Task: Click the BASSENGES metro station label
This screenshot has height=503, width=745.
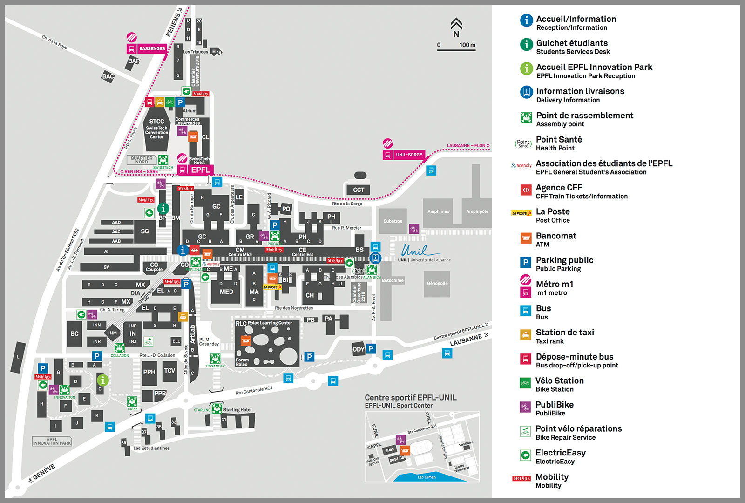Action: coord(152,48)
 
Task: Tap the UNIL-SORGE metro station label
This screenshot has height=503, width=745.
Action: coord(409,155)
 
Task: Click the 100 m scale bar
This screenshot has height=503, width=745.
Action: coord(456,49)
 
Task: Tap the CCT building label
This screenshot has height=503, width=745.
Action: coord(359,190)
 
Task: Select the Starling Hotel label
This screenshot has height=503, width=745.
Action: coord(237,410)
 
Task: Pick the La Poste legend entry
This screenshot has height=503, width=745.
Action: coord(553,215)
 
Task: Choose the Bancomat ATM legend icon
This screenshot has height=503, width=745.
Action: coord(526,238)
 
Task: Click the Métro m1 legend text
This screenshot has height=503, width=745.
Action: coord(555,284)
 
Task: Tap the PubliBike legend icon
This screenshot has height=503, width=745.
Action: coord(525,408)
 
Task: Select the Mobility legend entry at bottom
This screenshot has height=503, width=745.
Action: coord(552,480)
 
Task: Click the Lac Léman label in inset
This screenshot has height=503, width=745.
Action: coord(427,477)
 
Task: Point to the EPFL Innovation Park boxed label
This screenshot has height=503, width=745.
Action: coord(52,441)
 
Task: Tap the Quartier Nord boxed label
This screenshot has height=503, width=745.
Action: coord(142,160)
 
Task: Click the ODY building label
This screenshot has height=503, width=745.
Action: coord(358,349)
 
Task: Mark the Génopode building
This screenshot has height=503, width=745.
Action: coord(437,283)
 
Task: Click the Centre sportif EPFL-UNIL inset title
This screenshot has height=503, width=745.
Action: coord(410,398)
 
